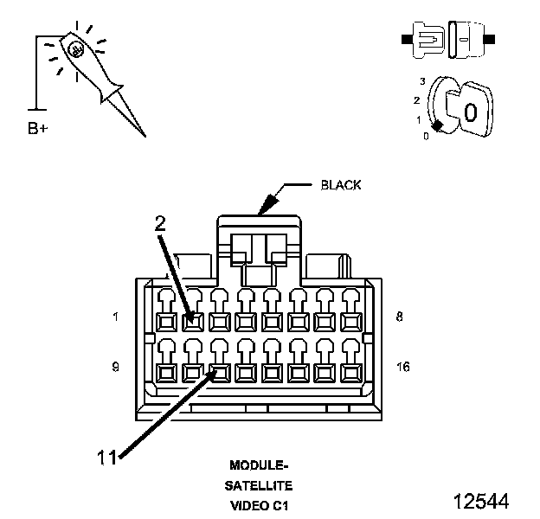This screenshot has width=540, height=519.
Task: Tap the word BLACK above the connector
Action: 341,185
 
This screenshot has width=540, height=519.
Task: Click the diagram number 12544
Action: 480,501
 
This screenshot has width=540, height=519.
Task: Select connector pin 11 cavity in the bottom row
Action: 219,373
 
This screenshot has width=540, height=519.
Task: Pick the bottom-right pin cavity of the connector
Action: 350,373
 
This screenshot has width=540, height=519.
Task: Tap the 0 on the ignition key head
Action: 470,112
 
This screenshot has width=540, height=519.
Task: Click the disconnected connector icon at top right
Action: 447,41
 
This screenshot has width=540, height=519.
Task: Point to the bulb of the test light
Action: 77,49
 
